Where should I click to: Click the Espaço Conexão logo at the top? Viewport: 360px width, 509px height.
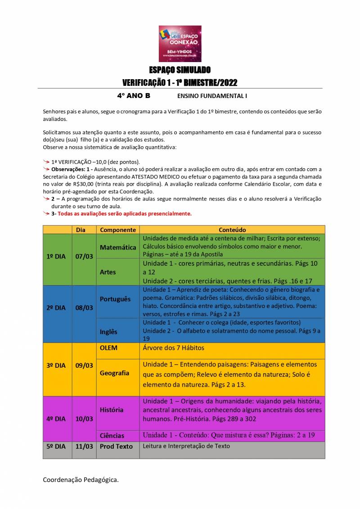point(180,44)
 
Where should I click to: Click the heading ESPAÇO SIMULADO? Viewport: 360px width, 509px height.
point(180,70)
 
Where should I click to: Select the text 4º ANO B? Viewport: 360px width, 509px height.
point(134,96)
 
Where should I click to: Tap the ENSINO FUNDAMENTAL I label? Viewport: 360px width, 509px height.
point(212,96)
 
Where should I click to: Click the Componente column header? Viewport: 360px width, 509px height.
point(118,230)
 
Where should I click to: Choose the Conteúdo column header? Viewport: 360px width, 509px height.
point(232,230)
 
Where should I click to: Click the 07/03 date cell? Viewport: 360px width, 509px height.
point(84,256)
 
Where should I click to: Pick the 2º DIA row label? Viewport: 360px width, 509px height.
point(56,308)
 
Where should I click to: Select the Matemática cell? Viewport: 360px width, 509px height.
point(118,247)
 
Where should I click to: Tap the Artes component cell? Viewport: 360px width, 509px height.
point(108,272)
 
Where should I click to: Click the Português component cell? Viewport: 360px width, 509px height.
point(115,299)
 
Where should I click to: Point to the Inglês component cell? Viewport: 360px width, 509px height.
point(108,331)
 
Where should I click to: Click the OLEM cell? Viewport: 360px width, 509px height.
point(108,348)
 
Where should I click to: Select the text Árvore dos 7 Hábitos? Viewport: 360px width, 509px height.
point(174,348)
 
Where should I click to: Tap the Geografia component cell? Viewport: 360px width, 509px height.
point(115,373)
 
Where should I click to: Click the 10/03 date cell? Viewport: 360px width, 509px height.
point(84,419)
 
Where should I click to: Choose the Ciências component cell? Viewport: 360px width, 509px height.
point(112,435)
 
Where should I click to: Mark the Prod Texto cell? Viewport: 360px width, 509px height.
point(117,446)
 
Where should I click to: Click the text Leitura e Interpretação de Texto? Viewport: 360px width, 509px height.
point(186,446)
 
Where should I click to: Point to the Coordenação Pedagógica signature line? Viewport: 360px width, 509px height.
point(81,480)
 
